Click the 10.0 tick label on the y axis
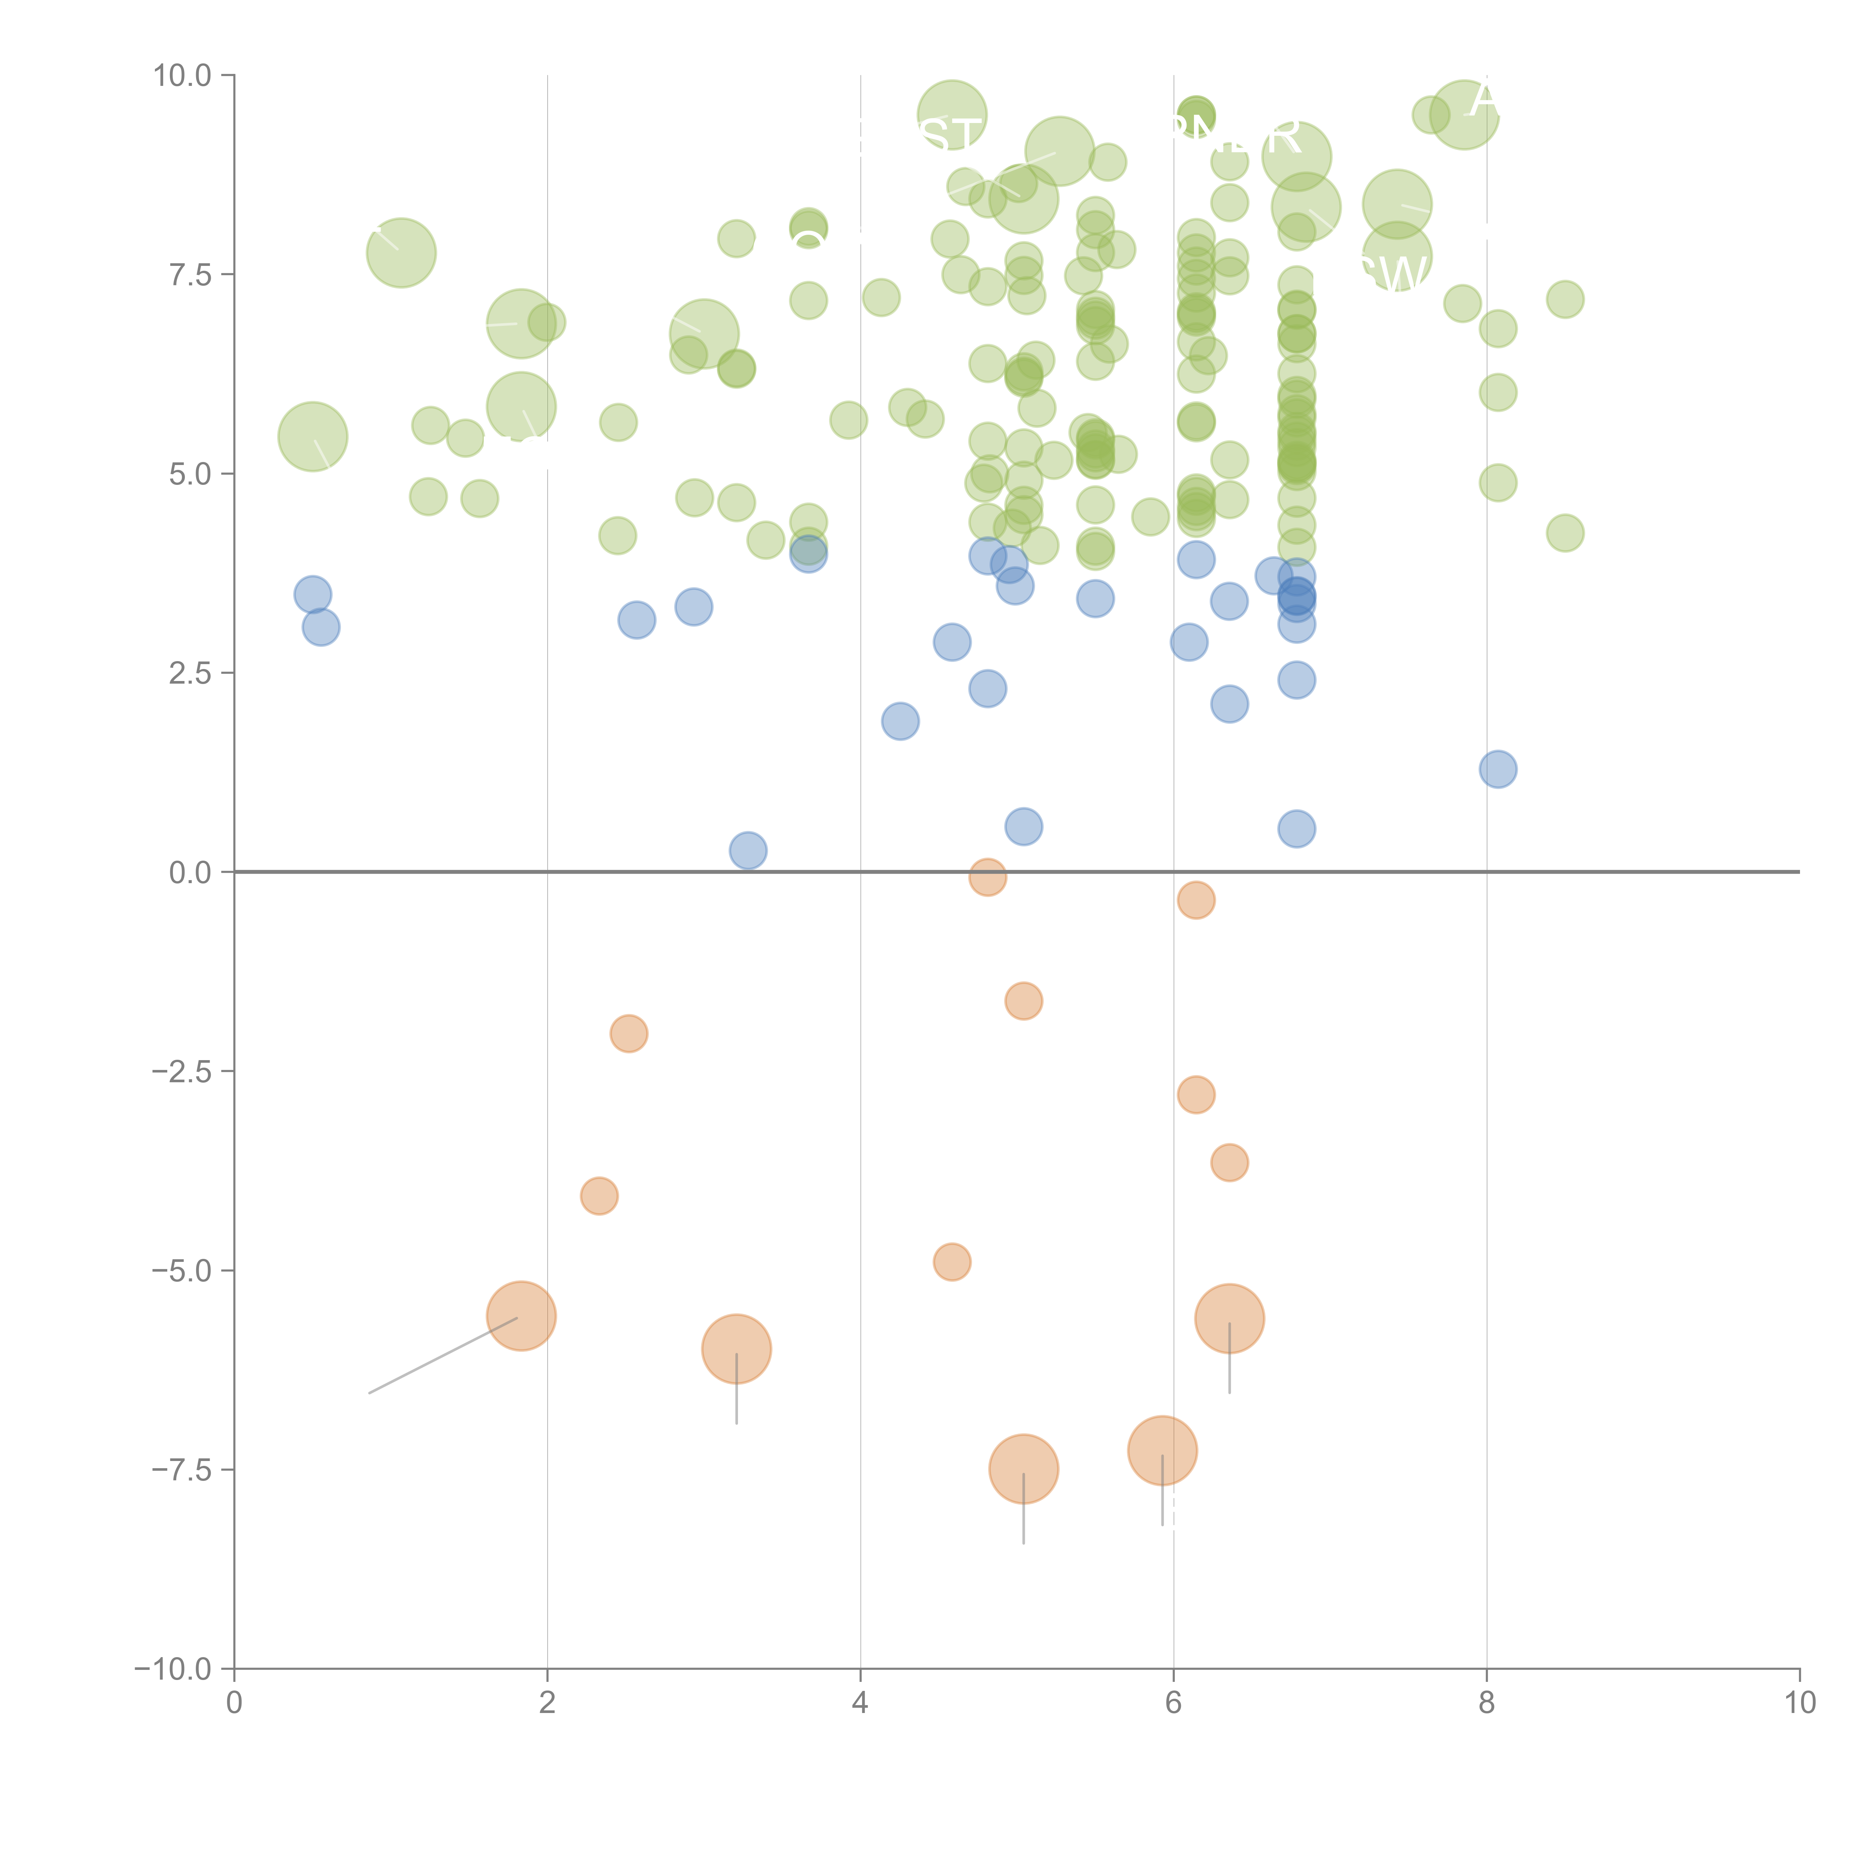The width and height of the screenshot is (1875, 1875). tap(183, 76)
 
